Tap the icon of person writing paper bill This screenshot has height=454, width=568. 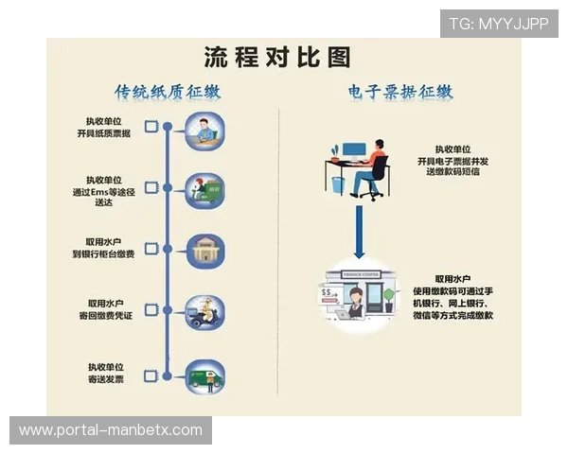pyautogui.click(x=204, y=130)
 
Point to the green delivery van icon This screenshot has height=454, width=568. pyautogui.click(x=204, y=375)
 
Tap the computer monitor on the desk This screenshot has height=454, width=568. pyautogui.click(x=353, y=150)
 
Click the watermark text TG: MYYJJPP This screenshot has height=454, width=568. pyautogui.click(x=498, y=23)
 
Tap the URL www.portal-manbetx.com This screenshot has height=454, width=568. pyautogui.click(x=111, y=430)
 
